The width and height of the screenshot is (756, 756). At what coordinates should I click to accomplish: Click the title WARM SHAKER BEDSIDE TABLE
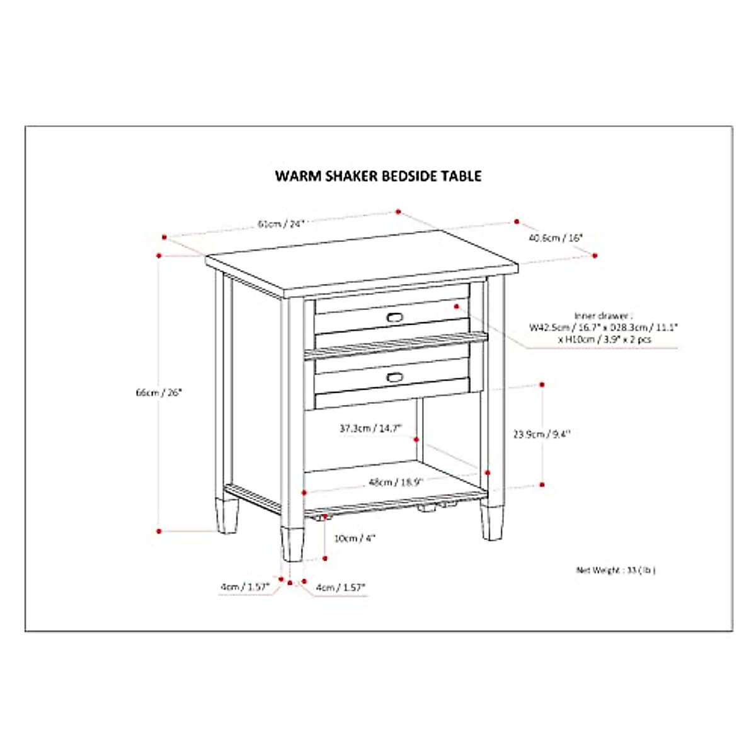click(x=378, y=176)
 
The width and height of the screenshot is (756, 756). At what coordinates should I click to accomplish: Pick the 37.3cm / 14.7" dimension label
click(x=370, y=428)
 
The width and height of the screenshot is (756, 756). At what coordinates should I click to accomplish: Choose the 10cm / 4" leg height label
click(x=355, y=538)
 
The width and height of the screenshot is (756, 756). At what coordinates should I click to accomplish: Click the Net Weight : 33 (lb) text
click(x=616, y=570)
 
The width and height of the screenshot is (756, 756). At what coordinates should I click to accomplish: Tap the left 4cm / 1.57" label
click(x=244, y=587)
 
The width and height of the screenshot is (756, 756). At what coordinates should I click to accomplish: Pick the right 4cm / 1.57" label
click(x=341, y=587)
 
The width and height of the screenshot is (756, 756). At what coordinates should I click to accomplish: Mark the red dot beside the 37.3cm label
click(x=416, y=438)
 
